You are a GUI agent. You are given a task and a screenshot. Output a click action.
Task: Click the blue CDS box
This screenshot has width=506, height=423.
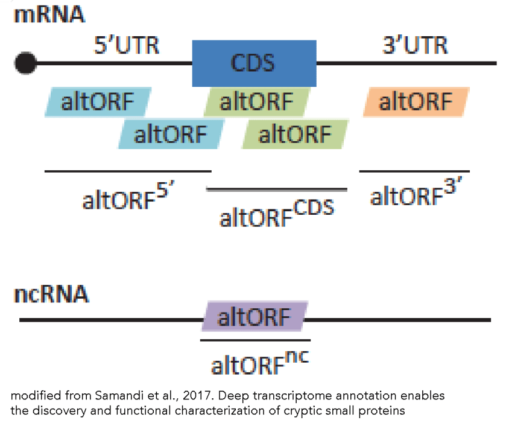coord(254,63)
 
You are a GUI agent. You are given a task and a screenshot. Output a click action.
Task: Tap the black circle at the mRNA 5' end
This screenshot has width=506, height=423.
coord(25,63)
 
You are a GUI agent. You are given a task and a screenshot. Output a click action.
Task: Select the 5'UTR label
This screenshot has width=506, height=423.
coord(127,45)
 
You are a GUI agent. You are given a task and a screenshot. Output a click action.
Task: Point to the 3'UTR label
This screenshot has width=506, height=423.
coord(416,45)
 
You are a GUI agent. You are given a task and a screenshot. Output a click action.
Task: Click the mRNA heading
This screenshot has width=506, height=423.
coord(49,14)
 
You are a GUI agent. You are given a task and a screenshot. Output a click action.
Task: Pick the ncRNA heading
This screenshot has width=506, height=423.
coord(52,295)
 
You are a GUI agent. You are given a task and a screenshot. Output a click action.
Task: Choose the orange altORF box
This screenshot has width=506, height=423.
coord(416,102)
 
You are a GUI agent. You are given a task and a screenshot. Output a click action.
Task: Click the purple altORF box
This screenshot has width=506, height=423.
coord(254,316)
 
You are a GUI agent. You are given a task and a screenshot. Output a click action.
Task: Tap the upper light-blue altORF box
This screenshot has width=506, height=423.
coord(98,102)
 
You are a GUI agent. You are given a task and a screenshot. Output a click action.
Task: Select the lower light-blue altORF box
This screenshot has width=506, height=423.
coord(171,133)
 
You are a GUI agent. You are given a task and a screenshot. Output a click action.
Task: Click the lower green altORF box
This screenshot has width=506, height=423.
coord(295,133)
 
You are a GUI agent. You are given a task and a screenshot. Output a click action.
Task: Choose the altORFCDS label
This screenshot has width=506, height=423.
coord(276,214)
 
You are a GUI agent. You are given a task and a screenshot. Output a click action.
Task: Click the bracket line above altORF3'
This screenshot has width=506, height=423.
coord(414,171)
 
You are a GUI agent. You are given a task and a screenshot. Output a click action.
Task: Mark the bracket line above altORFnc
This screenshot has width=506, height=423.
coord(255,340)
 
